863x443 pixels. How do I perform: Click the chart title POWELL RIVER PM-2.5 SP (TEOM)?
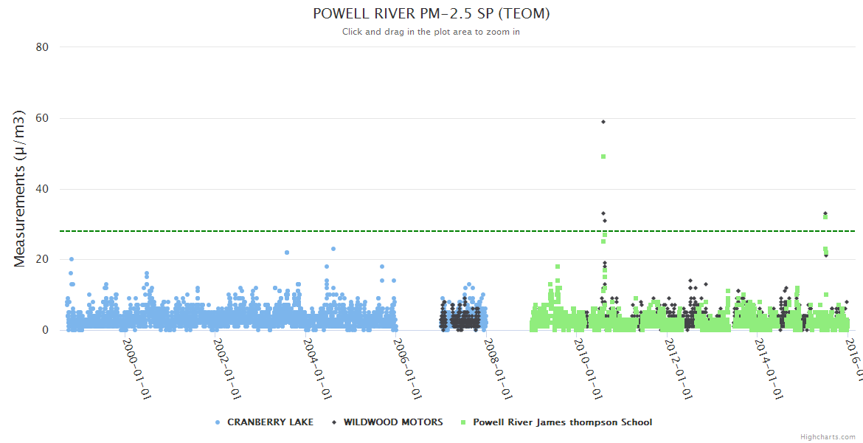pyautogui.click(x=431, y=14)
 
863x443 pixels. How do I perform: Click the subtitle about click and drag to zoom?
pyautogui.click(x=431, y=32)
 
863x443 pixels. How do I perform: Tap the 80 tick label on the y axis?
pyautogui.click(x=42, y=47)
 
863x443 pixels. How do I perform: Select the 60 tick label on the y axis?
pyautogui.click(x=42, y=118)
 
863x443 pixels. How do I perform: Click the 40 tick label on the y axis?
pyautogui.click(x=42, y=189)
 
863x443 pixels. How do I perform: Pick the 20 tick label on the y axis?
pyautogui.click(x=42, y=259)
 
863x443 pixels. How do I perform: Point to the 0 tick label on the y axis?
pyautogui.click(x=45, y=330)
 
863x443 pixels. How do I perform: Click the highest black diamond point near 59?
pyautogui.click(x=603, y=121)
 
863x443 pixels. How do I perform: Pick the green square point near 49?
pyautogui.click(x=603, y=157)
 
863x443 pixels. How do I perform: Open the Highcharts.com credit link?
pyautogui.click(x=828, y=437)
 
